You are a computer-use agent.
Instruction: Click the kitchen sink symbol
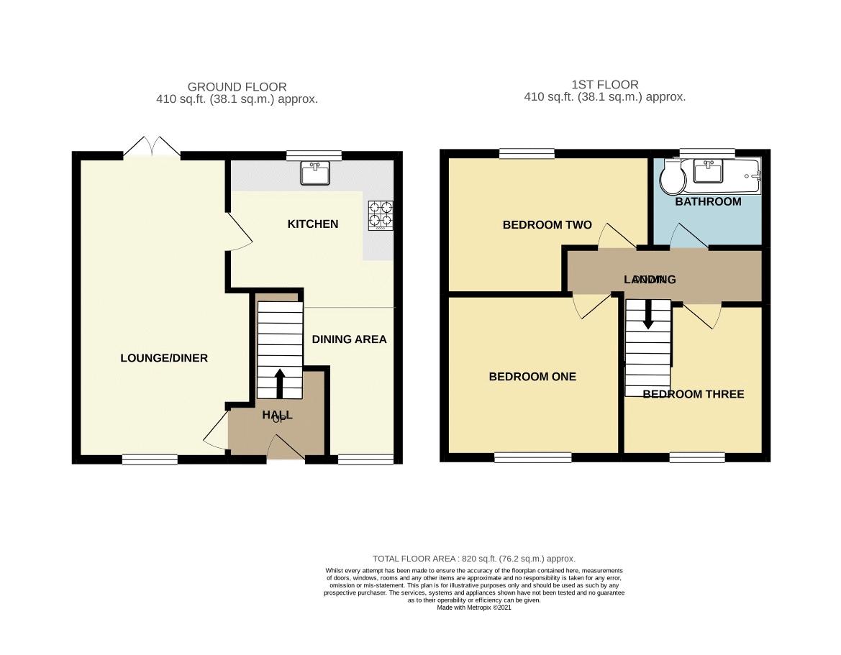tap(315, 173)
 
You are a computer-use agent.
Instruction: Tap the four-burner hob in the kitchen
tap(381, 214)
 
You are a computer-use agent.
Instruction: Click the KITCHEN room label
tap(312, 224)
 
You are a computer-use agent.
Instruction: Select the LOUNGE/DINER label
tap(163, 358)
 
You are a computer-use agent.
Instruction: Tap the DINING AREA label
tap(349, 339)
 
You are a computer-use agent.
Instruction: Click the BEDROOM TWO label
tap(547, 225)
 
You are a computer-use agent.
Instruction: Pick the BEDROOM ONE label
tap(532, 377)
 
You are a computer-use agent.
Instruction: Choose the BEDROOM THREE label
tap(693, 394)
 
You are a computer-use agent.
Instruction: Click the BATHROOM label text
tap(708, 202)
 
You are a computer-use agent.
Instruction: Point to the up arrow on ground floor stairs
tap(280, 383)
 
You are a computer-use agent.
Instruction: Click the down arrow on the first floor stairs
tap(648, 314)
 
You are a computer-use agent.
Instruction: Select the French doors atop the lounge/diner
tap(151, 147)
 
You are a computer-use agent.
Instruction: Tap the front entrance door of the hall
tap(286, 451)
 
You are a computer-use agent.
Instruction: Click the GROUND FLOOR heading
tap(237, 87)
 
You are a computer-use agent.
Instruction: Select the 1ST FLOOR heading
tap(604, 84)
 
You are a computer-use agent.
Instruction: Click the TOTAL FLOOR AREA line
tap(473, 559)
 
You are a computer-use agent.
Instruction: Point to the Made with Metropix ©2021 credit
tap(473, 608)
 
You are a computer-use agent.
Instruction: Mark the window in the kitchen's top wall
tap(313, 155)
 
